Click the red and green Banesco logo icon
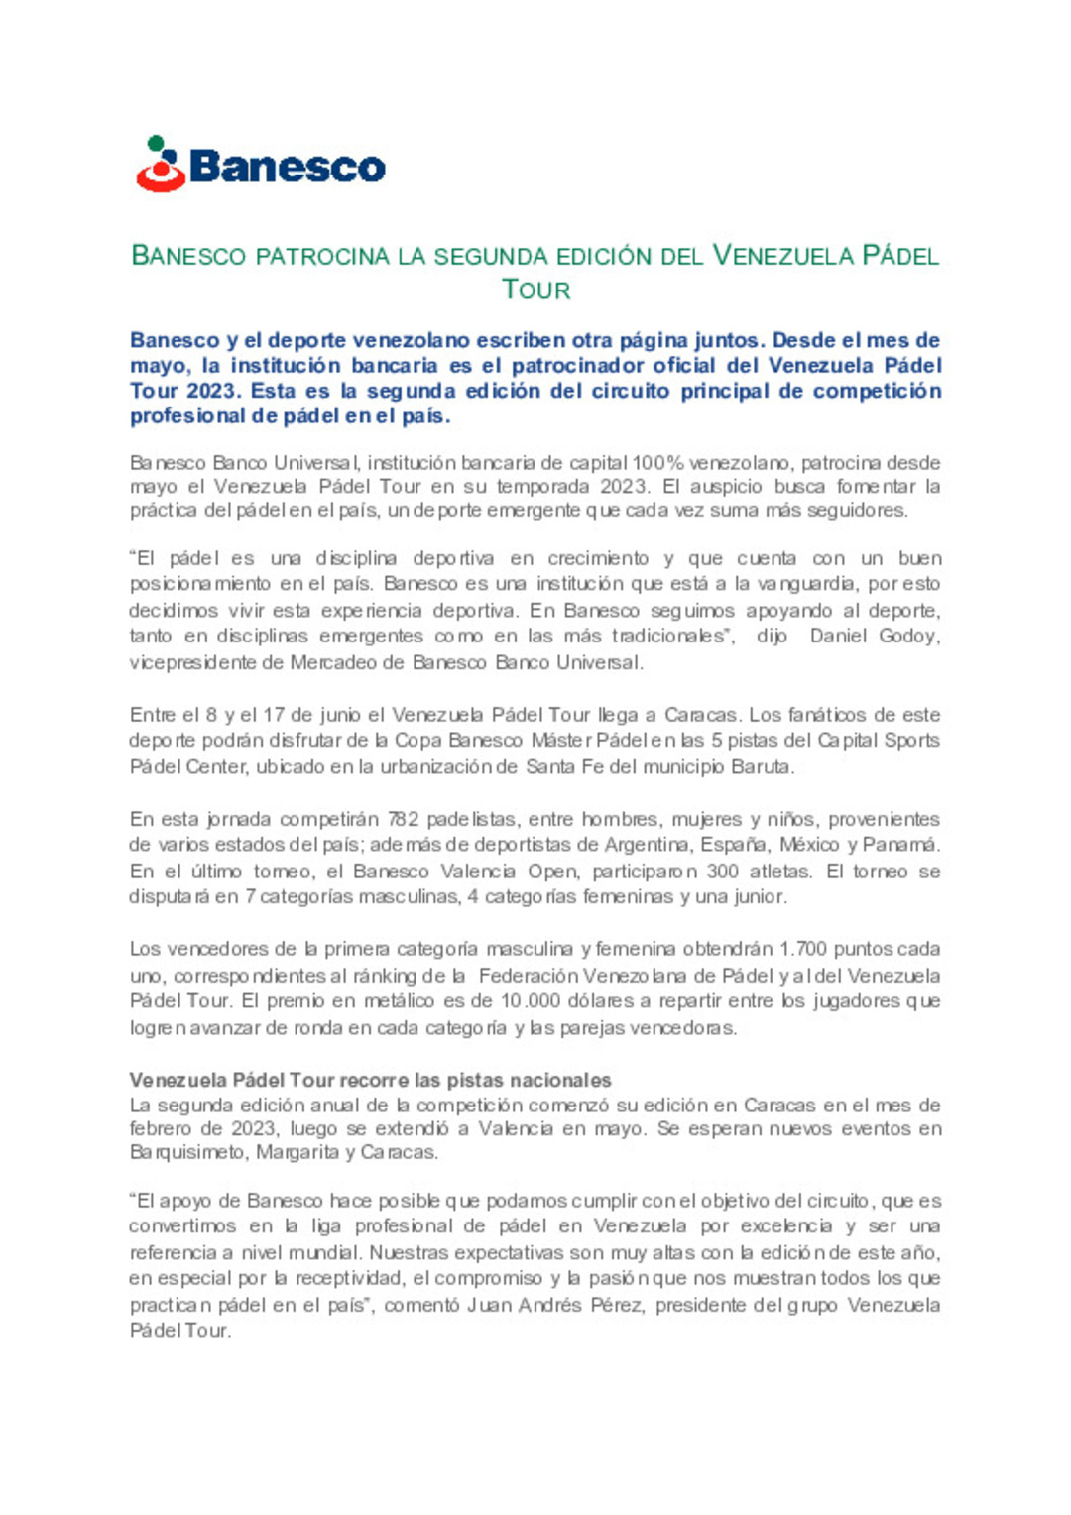[161, 165]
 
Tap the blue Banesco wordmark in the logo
[287, 167]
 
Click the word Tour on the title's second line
[535, 290]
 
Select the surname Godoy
[909, 636]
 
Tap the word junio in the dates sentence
[340, 715]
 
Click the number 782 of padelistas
[403, 819]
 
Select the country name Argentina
[647, 845]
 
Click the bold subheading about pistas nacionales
[370, 1080]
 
